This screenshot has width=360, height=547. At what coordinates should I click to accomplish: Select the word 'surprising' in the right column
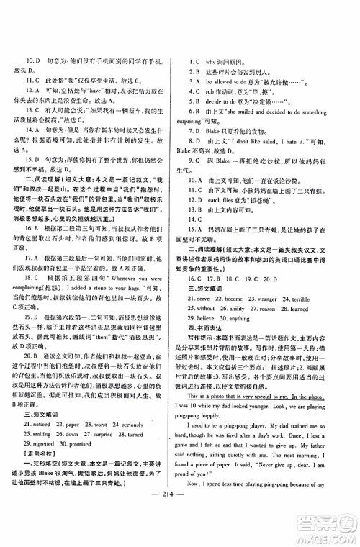(210, 122)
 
